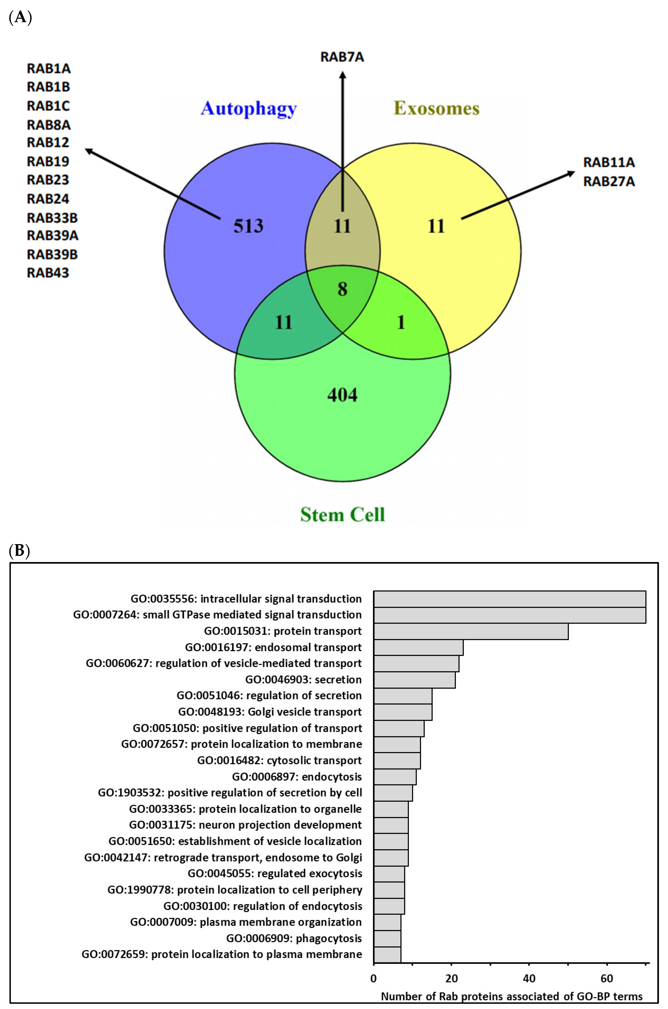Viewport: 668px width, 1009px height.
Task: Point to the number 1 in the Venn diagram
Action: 400,323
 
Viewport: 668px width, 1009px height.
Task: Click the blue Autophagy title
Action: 249,109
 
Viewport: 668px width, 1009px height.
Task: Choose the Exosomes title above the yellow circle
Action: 436,109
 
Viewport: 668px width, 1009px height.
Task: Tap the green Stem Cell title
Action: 342,514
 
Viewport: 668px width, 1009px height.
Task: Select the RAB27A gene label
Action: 609,182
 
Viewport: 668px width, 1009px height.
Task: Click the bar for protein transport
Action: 471,631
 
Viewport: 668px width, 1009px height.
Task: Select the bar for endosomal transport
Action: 418,647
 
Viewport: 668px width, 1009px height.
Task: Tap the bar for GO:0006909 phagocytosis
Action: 387,938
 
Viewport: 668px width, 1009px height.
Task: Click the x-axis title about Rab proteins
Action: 511,996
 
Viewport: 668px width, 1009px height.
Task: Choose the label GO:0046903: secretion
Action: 303,680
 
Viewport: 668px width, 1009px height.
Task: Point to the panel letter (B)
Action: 19,551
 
